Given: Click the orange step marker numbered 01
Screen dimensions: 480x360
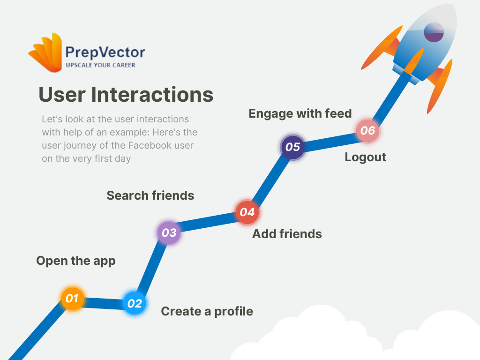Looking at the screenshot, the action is coord(72,298).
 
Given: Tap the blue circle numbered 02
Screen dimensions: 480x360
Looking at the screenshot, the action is coord(135,303).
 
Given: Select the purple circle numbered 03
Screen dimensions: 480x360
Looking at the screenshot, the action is coord(169,232).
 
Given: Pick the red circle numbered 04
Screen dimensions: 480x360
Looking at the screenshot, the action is coord(247,212).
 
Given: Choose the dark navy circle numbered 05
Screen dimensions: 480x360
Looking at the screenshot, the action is coord(292,147).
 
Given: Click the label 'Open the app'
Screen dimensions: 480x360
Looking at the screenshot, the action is coord(75,261).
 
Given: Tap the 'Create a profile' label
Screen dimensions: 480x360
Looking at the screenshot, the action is coord(207,311).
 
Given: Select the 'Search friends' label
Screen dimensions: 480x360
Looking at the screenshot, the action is coord(150,195).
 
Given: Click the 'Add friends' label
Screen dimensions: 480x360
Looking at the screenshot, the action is coord(287,234).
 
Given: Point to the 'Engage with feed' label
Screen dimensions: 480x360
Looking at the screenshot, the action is coord(300,113).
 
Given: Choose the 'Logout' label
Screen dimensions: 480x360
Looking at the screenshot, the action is coord(365,157).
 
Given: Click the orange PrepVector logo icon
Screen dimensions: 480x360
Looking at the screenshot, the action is coord(46,52).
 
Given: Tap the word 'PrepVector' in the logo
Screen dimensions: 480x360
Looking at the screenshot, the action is coord(105,52).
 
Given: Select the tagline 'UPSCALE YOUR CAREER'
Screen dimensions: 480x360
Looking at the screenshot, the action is coord(100,65).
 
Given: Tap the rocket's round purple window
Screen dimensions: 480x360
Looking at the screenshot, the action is coord(434,32).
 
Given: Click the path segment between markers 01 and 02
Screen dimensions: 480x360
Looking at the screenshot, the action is coord(103,301).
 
